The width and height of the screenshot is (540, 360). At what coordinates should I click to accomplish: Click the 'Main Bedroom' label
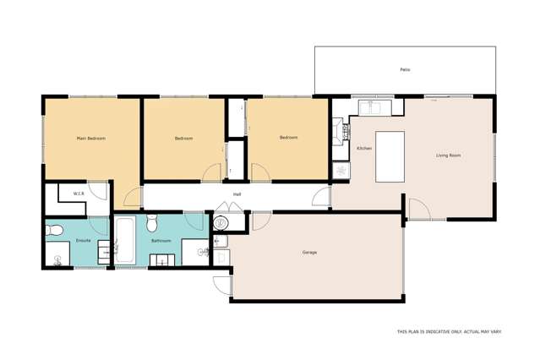click(90, 138)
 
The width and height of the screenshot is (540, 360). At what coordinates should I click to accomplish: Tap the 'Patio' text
click(406, 69)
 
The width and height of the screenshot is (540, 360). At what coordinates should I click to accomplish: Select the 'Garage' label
click(309, 252)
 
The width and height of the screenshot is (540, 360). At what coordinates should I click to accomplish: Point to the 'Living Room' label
click(448, 155)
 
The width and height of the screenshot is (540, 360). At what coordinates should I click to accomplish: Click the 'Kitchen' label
click(364, 148)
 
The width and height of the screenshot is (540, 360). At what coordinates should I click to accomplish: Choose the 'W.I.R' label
click(79, 194)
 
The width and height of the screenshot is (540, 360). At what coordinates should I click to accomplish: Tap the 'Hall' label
click(237, 192)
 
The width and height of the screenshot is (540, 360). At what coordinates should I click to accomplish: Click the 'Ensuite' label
click(83, 240)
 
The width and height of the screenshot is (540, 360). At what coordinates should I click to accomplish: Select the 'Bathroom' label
click(161, 240)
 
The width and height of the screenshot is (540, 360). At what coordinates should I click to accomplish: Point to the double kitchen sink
click(372, 107)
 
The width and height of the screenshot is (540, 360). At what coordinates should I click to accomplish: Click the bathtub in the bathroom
click(125, 241)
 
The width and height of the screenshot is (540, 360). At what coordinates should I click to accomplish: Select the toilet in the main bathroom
click(152, 223)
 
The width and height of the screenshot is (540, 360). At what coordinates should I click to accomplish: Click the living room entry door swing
click(418, 210)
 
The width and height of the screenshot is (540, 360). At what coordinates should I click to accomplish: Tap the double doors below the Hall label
click(229, 205)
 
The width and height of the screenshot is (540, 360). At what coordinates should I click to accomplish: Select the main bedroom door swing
click(133, 198)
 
